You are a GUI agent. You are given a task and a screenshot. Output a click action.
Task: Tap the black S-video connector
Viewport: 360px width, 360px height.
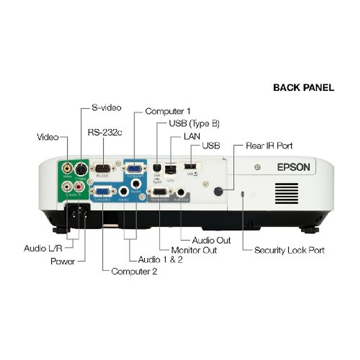point(80,169)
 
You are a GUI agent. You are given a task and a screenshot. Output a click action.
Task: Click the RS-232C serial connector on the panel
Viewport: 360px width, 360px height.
point(103,169)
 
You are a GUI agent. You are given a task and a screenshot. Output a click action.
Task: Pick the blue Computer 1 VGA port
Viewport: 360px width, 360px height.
point(134,169)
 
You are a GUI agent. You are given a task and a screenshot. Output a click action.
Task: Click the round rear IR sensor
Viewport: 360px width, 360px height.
point(219,191)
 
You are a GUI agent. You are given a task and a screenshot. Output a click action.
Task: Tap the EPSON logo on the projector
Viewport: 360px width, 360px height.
point(293,167)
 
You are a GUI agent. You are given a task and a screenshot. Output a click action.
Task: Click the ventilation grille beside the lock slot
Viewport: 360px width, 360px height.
point(286,193)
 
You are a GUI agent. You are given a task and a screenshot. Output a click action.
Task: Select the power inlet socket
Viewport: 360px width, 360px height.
point(77,213)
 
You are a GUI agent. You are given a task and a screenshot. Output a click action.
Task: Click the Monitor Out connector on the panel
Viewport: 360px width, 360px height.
point(159,192)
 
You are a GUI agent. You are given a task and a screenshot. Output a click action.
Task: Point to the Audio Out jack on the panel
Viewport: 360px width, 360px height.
point(181,192)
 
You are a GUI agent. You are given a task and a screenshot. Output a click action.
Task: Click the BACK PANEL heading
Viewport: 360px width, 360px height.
point(303,88)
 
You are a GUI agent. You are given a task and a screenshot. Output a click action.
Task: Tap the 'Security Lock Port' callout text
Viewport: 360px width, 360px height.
point(289,250)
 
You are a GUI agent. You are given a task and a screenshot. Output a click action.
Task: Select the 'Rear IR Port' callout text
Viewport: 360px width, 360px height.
point(269,146)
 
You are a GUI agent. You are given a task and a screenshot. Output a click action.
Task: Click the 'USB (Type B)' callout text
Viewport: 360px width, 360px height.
point(194,123)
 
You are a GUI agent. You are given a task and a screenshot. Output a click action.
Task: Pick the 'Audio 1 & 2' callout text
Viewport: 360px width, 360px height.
point(160,259)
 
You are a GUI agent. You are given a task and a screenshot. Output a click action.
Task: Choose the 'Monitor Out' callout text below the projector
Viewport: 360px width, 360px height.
point(194,250)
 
